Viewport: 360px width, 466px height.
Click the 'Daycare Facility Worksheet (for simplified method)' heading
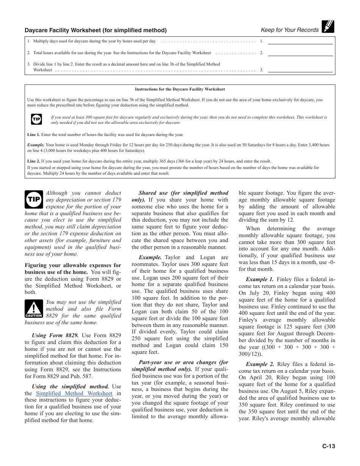[x=95, y=30]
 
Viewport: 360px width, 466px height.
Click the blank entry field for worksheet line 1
[x=300, y=41]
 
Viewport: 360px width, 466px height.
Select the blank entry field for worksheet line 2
[x=300, y=53]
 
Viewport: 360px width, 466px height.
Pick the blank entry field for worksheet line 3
[x=300, y=70]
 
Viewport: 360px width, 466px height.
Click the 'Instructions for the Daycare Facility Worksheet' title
[x=180, y=89]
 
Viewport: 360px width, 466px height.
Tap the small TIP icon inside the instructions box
[x=36, y=119]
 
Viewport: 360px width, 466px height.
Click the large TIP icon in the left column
[x=34, y=199]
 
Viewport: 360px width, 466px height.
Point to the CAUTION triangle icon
[x=34, y=308]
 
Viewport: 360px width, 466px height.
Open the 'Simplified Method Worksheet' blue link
[x=74, y=394]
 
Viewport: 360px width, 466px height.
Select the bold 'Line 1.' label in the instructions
[x=33, y=134]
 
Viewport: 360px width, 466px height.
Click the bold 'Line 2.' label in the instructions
[x=33, y=161]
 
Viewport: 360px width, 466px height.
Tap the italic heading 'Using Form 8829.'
[x=55, y=335]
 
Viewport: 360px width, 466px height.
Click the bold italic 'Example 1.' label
[x=260, y=280]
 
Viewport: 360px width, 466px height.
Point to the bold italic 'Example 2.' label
[x=260, y=364]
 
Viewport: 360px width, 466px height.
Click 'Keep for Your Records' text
[x=290, y=30]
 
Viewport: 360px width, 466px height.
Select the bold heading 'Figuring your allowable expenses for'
[x=73, y=265]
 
